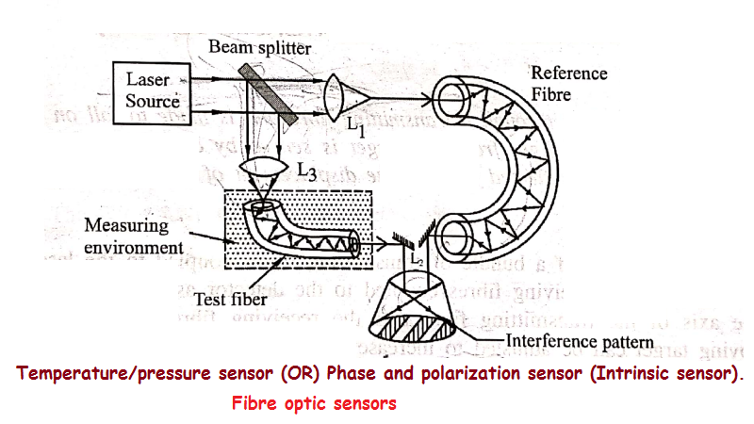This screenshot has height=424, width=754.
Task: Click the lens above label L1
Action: (x=336, y=96)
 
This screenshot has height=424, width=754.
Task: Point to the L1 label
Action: (x=352, y=128)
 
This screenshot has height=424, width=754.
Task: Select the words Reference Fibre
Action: (x=568, y=83)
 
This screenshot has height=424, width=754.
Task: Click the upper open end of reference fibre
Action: (x=451, y=99)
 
